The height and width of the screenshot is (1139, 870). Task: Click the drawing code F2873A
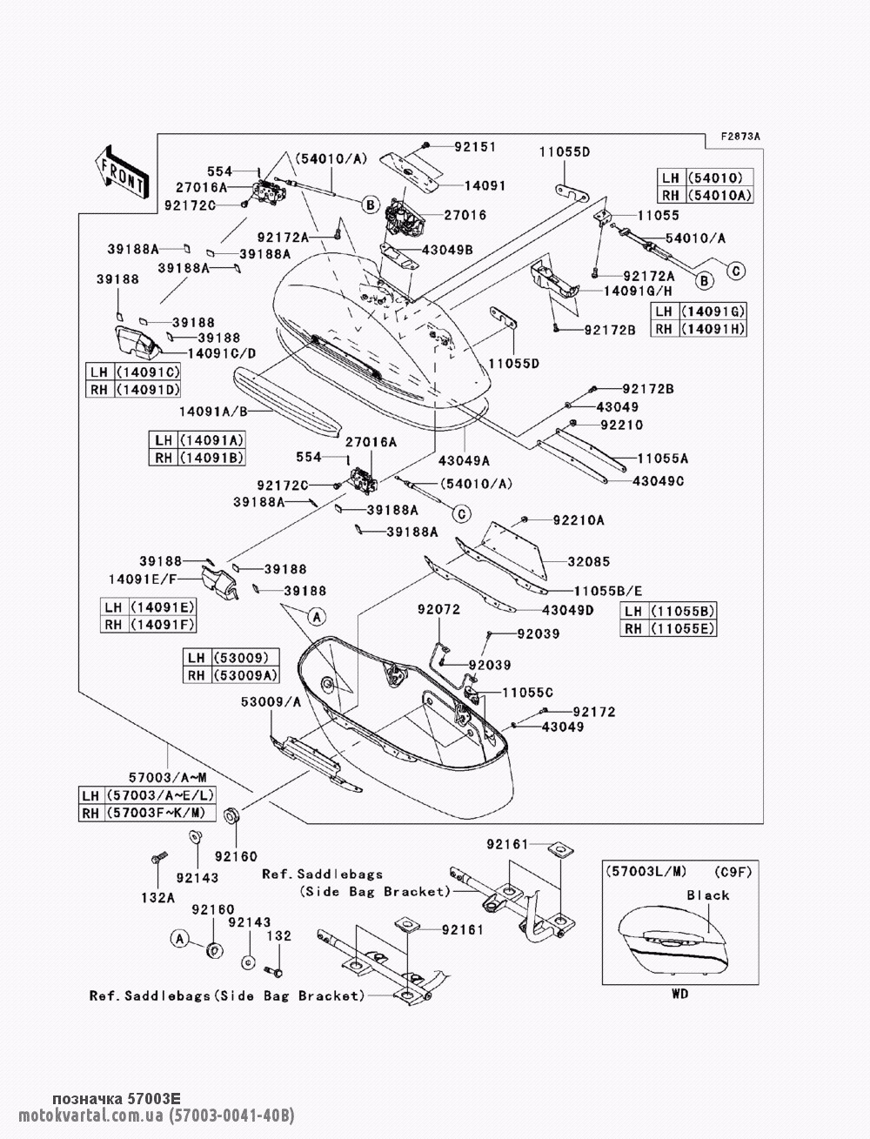(x=740, y=137)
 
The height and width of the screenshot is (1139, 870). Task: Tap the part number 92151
(x=475, y=147)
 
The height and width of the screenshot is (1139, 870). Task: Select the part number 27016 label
(x=465, y=215)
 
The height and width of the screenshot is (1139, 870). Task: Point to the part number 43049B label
(x=447, y=250)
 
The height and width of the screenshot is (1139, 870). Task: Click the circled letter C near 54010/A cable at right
(x=736, y=271)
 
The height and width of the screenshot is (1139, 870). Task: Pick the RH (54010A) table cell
(x=705, y=195)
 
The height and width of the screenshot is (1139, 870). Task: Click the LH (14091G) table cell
(x=699, y=312)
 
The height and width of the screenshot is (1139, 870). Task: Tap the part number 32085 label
(x=589, y=561)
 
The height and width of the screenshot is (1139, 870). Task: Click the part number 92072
(x=438, y=609)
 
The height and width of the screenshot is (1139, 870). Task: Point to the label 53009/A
(x=271, y=702)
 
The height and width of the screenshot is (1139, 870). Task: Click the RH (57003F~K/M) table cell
(x=147, y=813)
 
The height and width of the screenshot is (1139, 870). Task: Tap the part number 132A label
(x=158, y=897)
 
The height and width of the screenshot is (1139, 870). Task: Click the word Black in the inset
(x=707, y=895)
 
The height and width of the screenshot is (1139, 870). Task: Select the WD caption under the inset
(x=680, y=993)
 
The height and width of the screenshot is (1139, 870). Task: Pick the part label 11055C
(x=527, y=693)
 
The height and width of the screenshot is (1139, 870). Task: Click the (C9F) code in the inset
(x=733, y=872)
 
